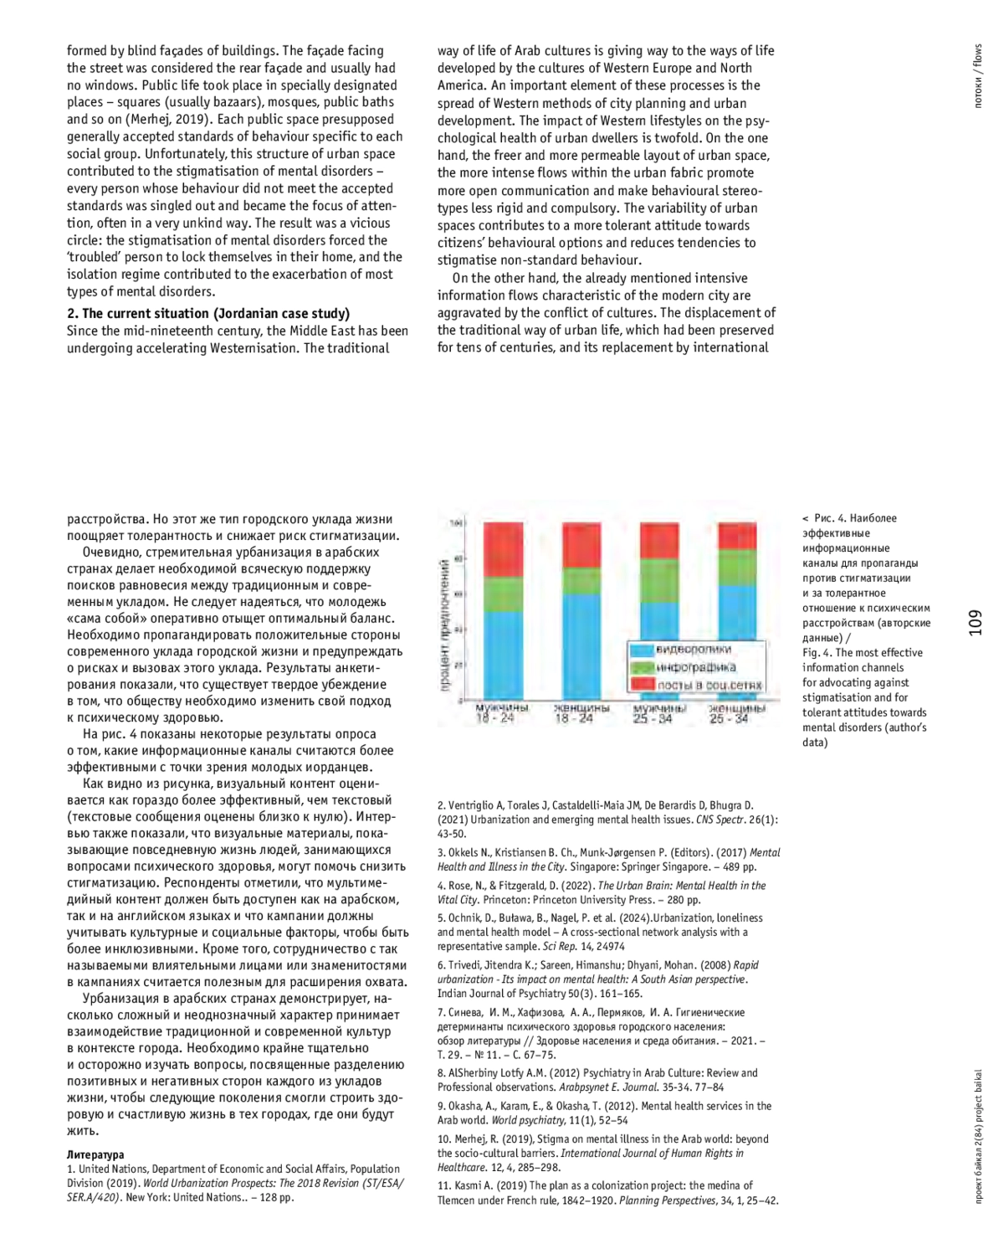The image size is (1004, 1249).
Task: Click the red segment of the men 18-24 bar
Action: (504, 549)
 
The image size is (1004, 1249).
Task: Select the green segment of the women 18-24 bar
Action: (581, 581)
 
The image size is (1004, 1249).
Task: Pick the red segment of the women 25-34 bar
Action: (737, 537)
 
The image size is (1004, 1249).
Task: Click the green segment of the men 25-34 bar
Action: (659, 580)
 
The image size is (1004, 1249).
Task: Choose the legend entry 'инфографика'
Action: (695, 667)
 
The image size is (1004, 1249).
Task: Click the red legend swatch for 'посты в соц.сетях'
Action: (642, 685)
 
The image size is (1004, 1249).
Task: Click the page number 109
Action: (976, 622)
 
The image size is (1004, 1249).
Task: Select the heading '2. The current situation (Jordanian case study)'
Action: (208, 313)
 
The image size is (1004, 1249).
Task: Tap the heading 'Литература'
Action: (95, 1154)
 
